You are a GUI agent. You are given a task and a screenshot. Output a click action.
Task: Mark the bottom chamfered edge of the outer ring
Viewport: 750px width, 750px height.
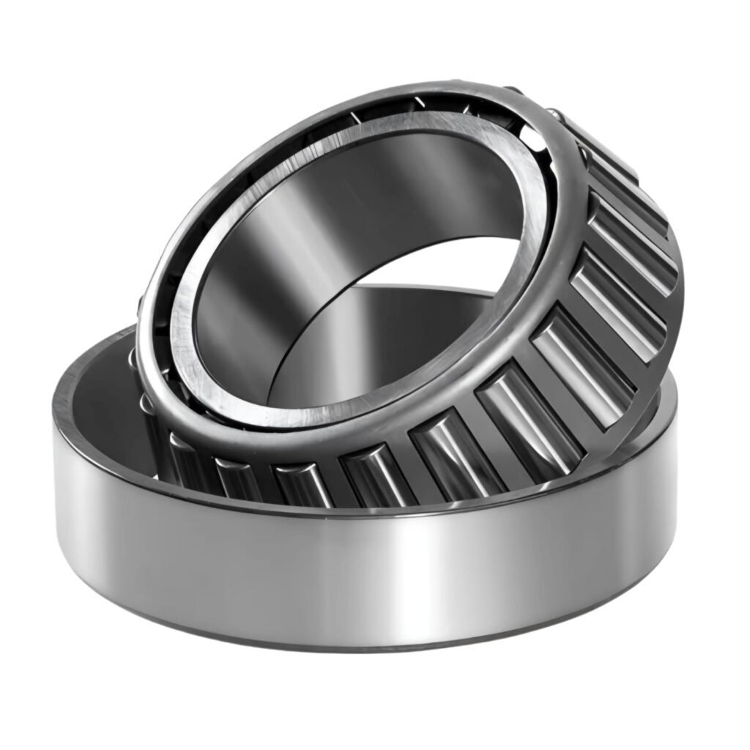pos(366,645)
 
